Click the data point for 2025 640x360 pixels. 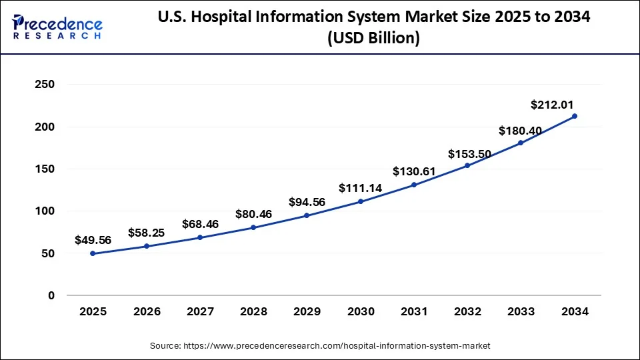pyautogui.click(x=93, y=253)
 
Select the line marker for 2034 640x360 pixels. pyautogui.click(x=575, y=116)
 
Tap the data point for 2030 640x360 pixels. pyautogui.click(x=361, y=201)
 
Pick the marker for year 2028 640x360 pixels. pyautogui.click(x=253, y=227)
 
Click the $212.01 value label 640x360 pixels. pyautogui.click(x=552, y=105)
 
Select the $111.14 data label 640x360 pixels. pyautogui.click(x=360, y=188)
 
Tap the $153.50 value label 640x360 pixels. pyautogui.click(x=469, y=154)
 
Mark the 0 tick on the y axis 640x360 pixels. pyautogui.click(x=51, y=295)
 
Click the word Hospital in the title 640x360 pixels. pyautogui.click(x=251, y=18)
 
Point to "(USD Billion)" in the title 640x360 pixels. pyautogui.click(x=373, y=39)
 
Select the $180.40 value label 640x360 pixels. pyautogui.click(x=521, y=129)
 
